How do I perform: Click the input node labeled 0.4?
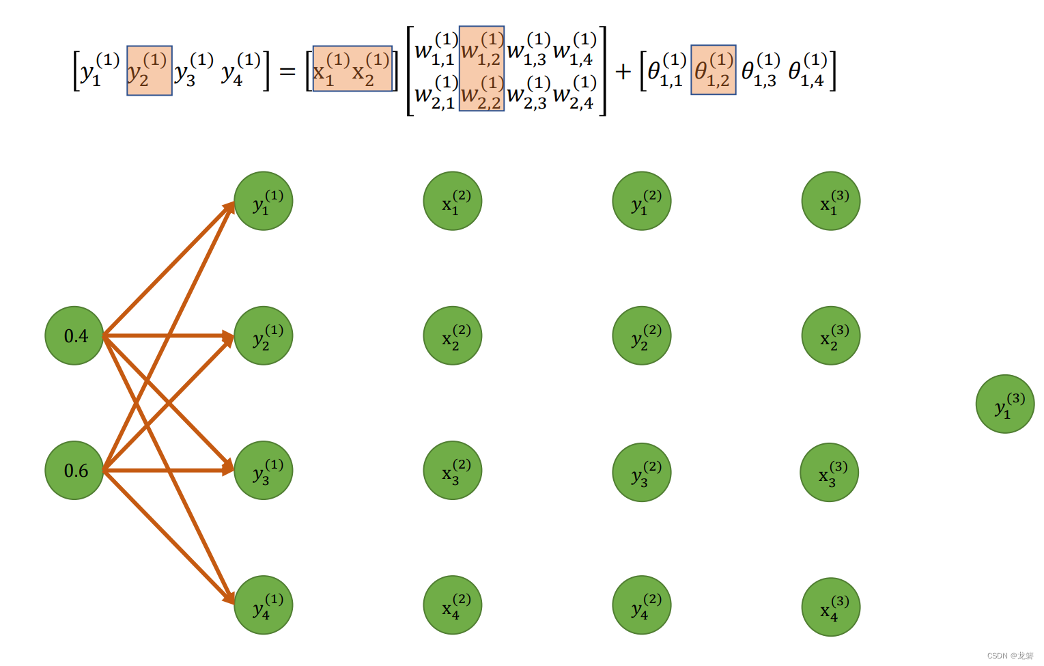[74, 335]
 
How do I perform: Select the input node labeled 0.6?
[74, 470]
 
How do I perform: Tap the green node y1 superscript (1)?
[264, 201]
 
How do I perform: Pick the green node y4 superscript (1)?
[264, 605]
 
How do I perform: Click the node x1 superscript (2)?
[453, 201]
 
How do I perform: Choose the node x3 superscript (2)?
[453, 470]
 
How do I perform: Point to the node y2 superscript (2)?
[642, 335]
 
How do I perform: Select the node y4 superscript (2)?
[642, 605]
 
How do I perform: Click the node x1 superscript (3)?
[831, 201]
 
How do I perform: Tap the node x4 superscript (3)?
[831, 607]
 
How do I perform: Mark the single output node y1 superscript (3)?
[1005, 404]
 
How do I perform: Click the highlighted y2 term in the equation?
[149, 70]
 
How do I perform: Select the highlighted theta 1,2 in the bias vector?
[714, 70]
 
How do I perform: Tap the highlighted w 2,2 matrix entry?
[482, 93]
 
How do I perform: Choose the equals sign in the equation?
[287, 71]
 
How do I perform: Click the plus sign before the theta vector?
[623, 71]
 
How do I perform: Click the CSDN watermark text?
[1010, 655]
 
